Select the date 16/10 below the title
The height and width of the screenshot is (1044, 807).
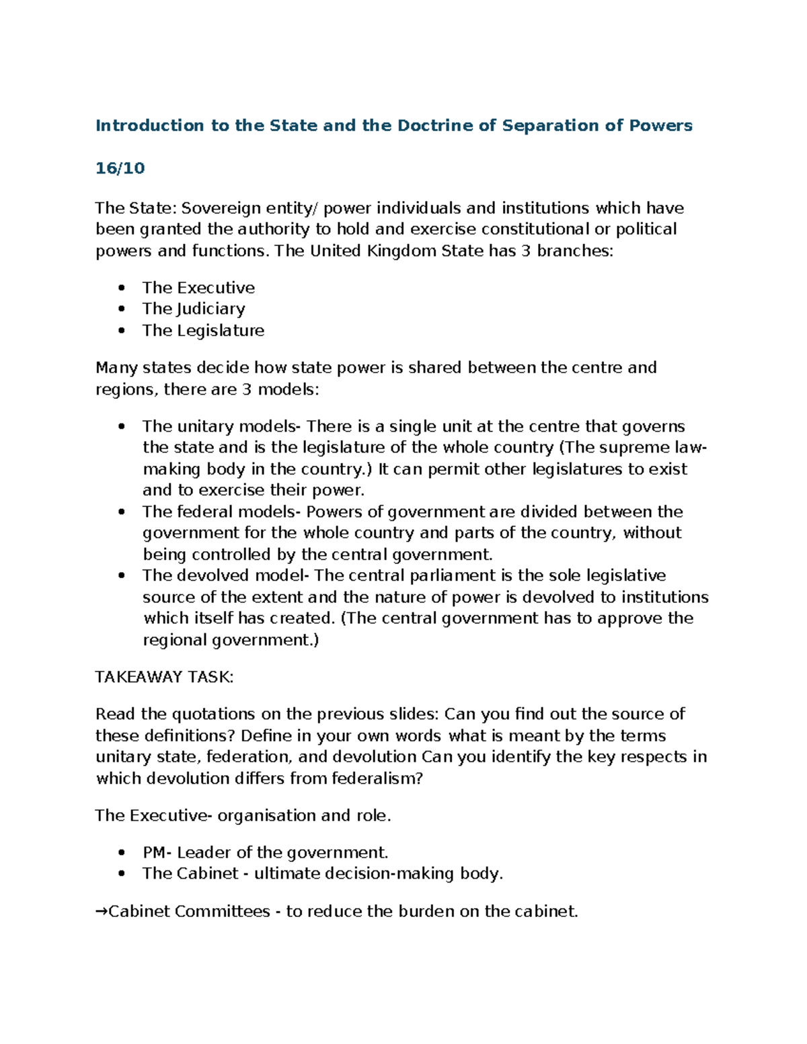tap(120, 168)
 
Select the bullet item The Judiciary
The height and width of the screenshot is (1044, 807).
tap(194, 309)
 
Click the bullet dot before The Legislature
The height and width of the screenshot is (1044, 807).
tap(121, 331)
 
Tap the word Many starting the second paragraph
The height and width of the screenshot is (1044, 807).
tap(116, 368)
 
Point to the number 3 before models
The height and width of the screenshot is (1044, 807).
tap(246, 389)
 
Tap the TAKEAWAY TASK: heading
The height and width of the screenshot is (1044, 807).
tap(164, 677)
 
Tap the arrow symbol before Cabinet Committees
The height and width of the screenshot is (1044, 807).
tap(101, 912)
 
